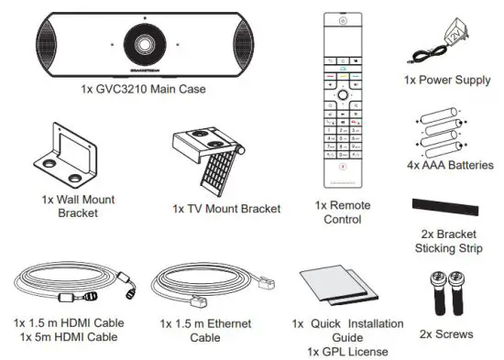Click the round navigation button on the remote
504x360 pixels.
(x=342, y=93)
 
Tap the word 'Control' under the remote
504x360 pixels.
(x=344, y=220)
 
